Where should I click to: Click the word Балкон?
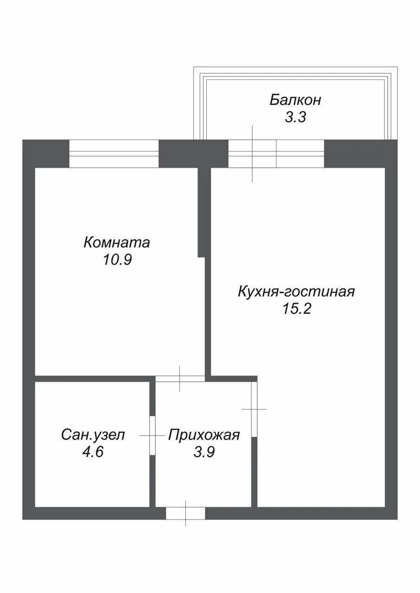(295, 100)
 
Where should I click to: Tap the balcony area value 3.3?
(295, 117)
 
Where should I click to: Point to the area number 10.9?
(117, 260)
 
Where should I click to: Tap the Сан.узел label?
(93, 435)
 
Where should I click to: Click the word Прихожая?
(204, 435)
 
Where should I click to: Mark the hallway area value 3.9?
(204, 452)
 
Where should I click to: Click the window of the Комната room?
(114, 153)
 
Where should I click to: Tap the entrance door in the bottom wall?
(185, 513)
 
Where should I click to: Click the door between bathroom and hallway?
(153, 435)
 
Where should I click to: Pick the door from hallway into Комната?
(180, 379)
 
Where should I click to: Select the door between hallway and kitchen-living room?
(254, 409)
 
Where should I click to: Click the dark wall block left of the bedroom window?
(46, 153)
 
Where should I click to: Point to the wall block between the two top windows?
(193, 153)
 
